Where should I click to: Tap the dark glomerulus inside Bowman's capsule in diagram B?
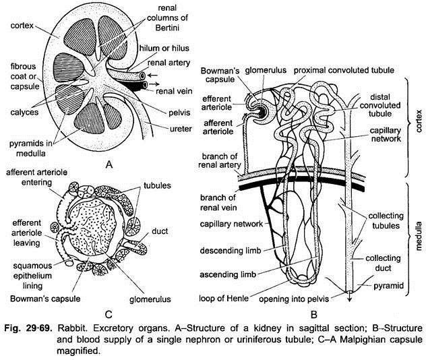257,109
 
